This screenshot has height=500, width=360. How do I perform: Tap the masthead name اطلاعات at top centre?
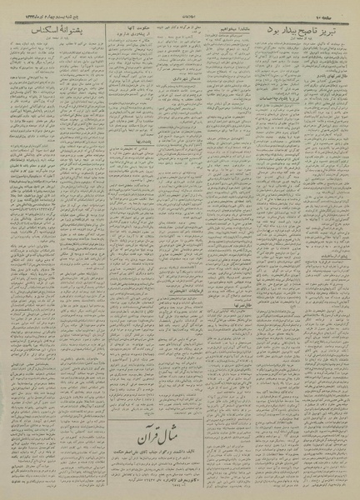point(181,7)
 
